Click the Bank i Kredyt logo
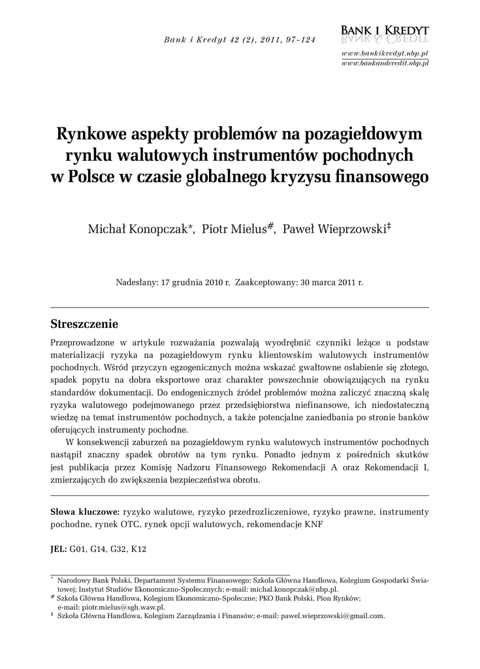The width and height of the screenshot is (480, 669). pyautogui.click(x=385, y=33)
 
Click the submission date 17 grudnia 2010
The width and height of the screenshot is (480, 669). pyautogui.click(x=193, y=283)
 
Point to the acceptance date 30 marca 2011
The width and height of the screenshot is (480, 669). pyautogui.click(x=328, y=283)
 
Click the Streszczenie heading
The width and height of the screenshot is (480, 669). pyautogui.click(x=84, y=324)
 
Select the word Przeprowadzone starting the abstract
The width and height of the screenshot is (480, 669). pyautogui.click(x=82, y=342)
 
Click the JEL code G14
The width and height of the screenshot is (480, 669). pyautogui.click(x=99, y=549)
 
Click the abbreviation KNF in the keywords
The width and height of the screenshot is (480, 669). pyautogui.click(x=313, y=524)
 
